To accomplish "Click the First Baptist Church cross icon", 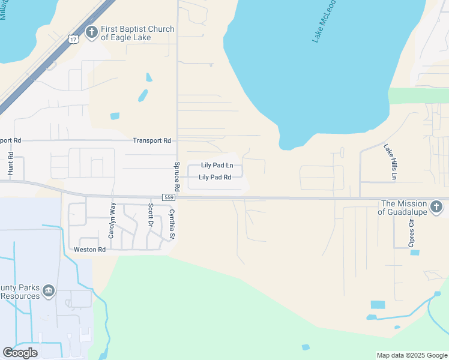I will coord(91,32).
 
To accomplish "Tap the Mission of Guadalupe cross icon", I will coord(437,208).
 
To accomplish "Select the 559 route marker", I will coord(168,197).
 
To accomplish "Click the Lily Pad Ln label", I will coord(217,166).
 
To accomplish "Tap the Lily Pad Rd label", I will coord(215,177).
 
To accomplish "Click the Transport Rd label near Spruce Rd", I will coord(152,140).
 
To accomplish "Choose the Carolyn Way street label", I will coord(111,220).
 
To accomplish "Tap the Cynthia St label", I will coord(172,224).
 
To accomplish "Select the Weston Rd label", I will coord(89,249).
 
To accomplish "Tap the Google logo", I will coord(20,353).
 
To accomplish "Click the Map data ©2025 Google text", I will coord(412,355).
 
